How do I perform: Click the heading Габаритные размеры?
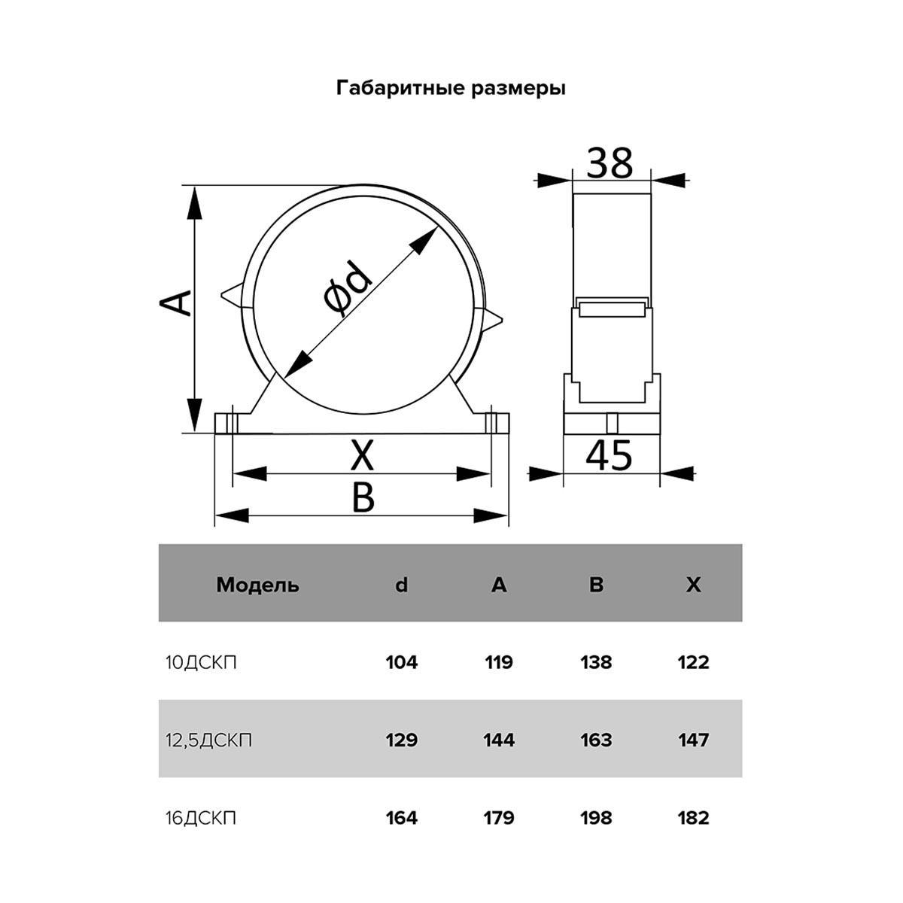[x=451, y=88]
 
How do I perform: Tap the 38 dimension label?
[x=610, y=163]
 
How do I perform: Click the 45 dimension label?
[x=610, y=455]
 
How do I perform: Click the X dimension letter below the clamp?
[x=362, y=456]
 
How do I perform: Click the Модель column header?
[x=257, y=585]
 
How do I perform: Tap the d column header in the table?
[x=402, y=585]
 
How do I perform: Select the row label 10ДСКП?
[x=201, y=663]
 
